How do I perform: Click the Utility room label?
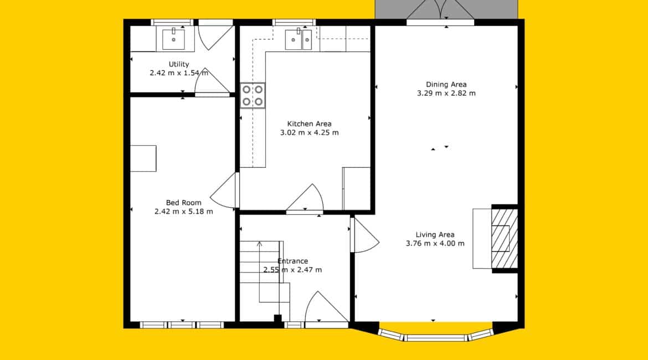pos(179,64)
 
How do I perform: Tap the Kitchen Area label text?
pos(309,124)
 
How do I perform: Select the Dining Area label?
pos(446,84)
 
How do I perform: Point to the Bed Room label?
pos(183,203)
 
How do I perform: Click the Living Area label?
pos(435,234)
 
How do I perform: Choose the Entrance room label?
pos(292,261)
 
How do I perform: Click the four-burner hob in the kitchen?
pos(253,95)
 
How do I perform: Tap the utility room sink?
pos(173,39)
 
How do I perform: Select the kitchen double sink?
pos(299,39)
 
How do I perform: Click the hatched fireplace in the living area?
pos(505,239)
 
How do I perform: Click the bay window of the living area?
pos(435,335)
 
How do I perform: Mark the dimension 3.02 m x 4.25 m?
pos(309,133)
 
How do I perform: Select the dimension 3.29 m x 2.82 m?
pos(446,94)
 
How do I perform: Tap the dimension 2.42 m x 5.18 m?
pos(183,212)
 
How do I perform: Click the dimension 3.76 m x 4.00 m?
pos(435,244)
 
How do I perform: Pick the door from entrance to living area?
pos(364,235)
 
